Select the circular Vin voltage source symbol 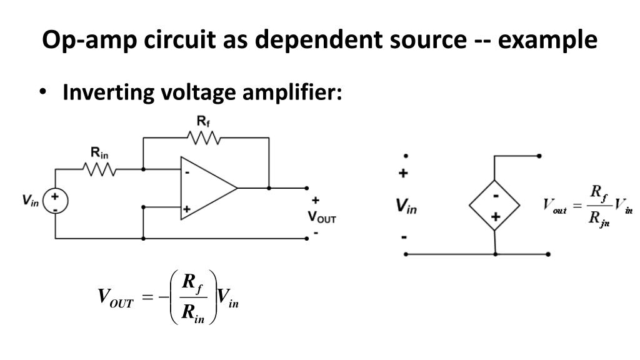tap(56, 201)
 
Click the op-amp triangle tap(206, 187)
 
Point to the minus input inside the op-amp tap(186, 173)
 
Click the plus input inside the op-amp tap(186, 209)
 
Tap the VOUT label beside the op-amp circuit tap(322, 217)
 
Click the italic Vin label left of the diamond tap(406, 206)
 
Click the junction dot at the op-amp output tap(269, 187)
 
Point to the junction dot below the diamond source tap(495, 254)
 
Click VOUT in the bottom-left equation tap(116, 297)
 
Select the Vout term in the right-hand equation tap(554, 206)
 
